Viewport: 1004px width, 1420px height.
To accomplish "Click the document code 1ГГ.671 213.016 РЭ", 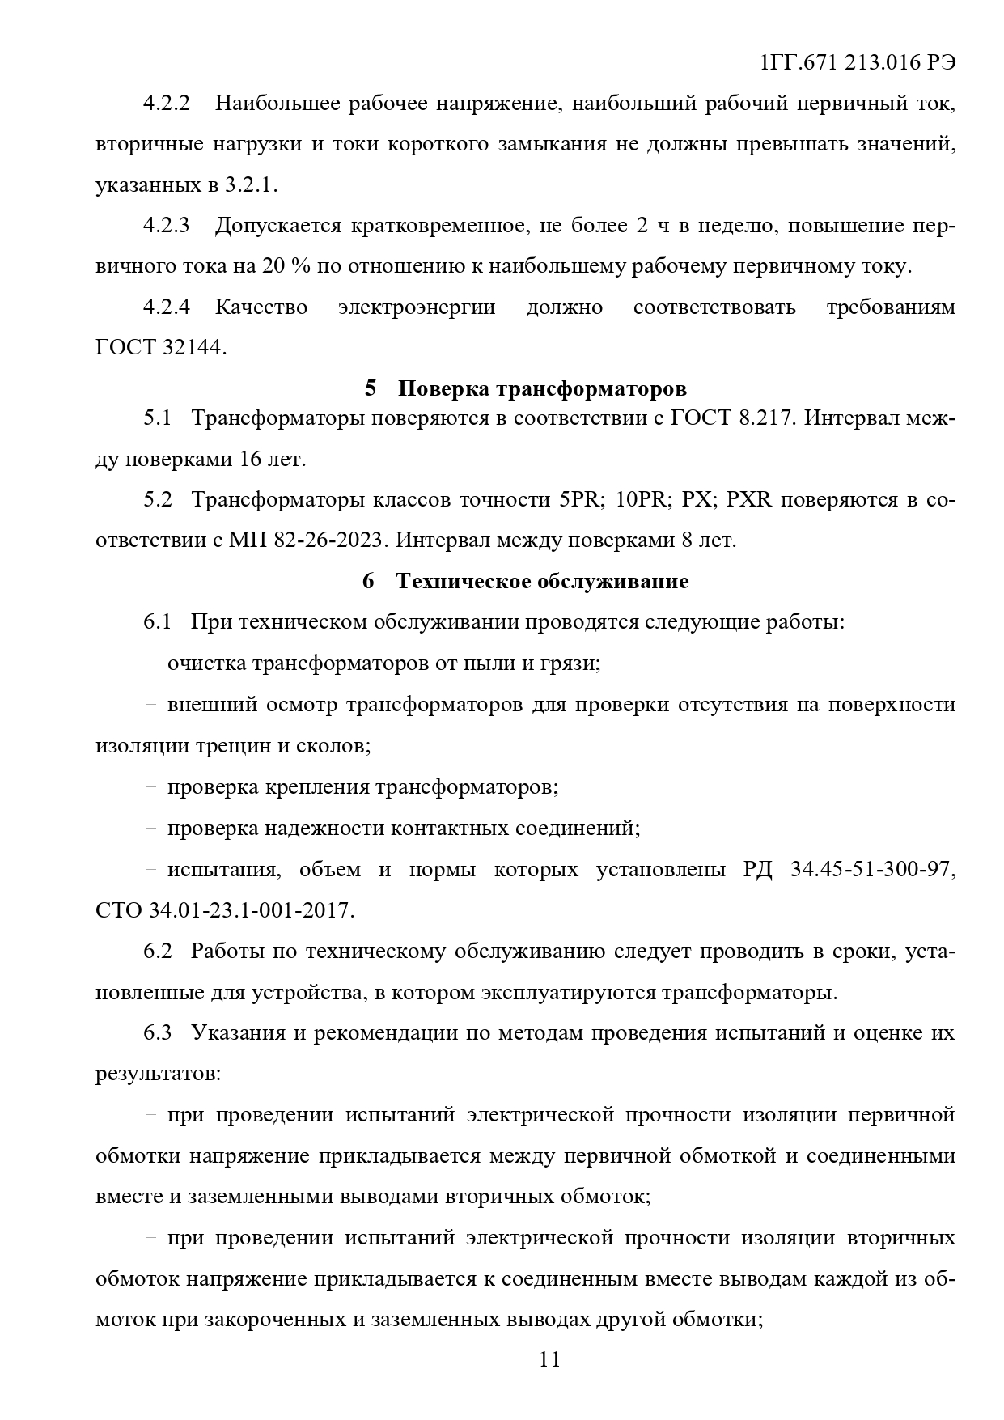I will tap(858, 62).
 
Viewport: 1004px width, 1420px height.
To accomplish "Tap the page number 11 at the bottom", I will tap(549, 1359).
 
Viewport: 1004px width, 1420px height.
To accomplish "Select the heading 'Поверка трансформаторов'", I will tap(542, 388).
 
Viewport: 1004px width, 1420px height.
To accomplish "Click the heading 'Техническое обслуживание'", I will tap(542, 581).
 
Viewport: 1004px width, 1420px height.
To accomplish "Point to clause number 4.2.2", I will tap(166, 104).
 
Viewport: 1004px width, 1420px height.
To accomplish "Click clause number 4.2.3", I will tap(166, 225).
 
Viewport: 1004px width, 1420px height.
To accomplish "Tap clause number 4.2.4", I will tap(166, 307).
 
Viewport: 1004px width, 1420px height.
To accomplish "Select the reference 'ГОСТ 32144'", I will tap(159, 348).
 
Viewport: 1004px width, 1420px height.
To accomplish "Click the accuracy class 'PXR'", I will tap(749, 499).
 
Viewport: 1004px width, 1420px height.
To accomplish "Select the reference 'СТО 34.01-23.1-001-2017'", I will tap(224, 909).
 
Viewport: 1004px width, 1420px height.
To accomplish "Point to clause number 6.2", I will tap(158, 951).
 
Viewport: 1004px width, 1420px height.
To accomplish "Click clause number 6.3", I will tap(158, 1033).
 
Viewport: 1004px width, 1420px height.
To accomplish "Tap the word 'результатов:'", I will tap(158, 1074).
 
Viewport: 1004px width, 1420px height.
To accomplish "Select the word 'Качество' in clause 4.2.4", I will tap(261, 307).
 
